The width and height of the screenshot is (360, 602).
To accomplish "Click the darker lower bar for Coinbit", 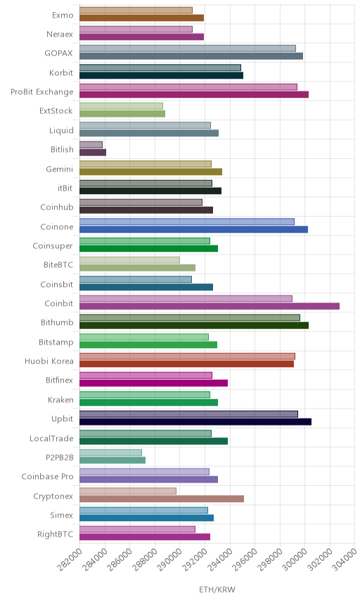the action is click(x=210, y=306).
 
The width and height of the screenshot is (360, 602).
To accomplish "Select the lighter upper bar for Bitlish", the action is click(x=91, y=145).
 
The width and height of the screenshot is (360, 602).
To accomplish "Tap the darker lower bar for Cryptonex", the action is click(x=162, y=499).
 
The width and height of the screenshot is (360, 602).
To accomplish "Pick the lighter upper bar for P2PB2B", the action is click(x=111, y=453).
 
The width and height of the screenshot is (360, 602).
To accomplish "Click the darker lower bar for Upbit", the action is click(x=195, y=421).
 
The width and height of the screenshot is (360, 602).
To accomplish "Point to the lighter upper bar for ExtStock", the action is click(x=121, y=106).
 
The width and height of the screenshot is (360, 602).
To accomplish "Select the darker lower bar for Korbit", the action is click(x=161, y=75).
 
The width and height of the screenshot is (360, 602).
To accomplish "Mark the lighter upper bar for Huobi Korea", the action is click(x=187, y=357).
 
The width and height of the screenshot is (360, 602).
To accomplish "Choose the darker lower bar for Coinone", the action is click(x=194, y=229).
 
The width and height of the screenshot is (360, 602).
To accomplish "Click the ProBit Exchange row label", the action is click(x=41, y=92).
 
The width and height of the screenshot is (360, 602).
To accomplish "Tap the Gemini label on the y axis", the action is click(x=60, y=169).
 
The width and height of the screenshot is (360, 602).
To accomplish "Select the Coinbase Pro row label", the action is click(x=47, y=476).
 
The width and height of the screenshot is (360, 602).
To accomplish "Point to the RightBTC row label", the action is click(x=55, y=534).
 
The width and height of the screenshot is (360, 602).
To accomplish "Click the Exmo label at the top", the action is click(x=63, y=15).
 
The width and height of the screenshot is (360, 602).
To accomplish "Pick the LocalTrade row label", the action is click(x=51, y=438).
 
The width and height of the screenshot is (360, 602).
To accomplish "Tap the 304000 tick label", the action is click(x=345, y=560).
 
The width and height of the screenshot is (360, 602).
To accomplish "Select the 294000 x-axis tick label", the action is click(x=220, y=560).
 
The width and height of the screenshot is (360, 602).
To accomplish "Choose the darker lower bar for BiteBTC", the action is click(x=137, y=268).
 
